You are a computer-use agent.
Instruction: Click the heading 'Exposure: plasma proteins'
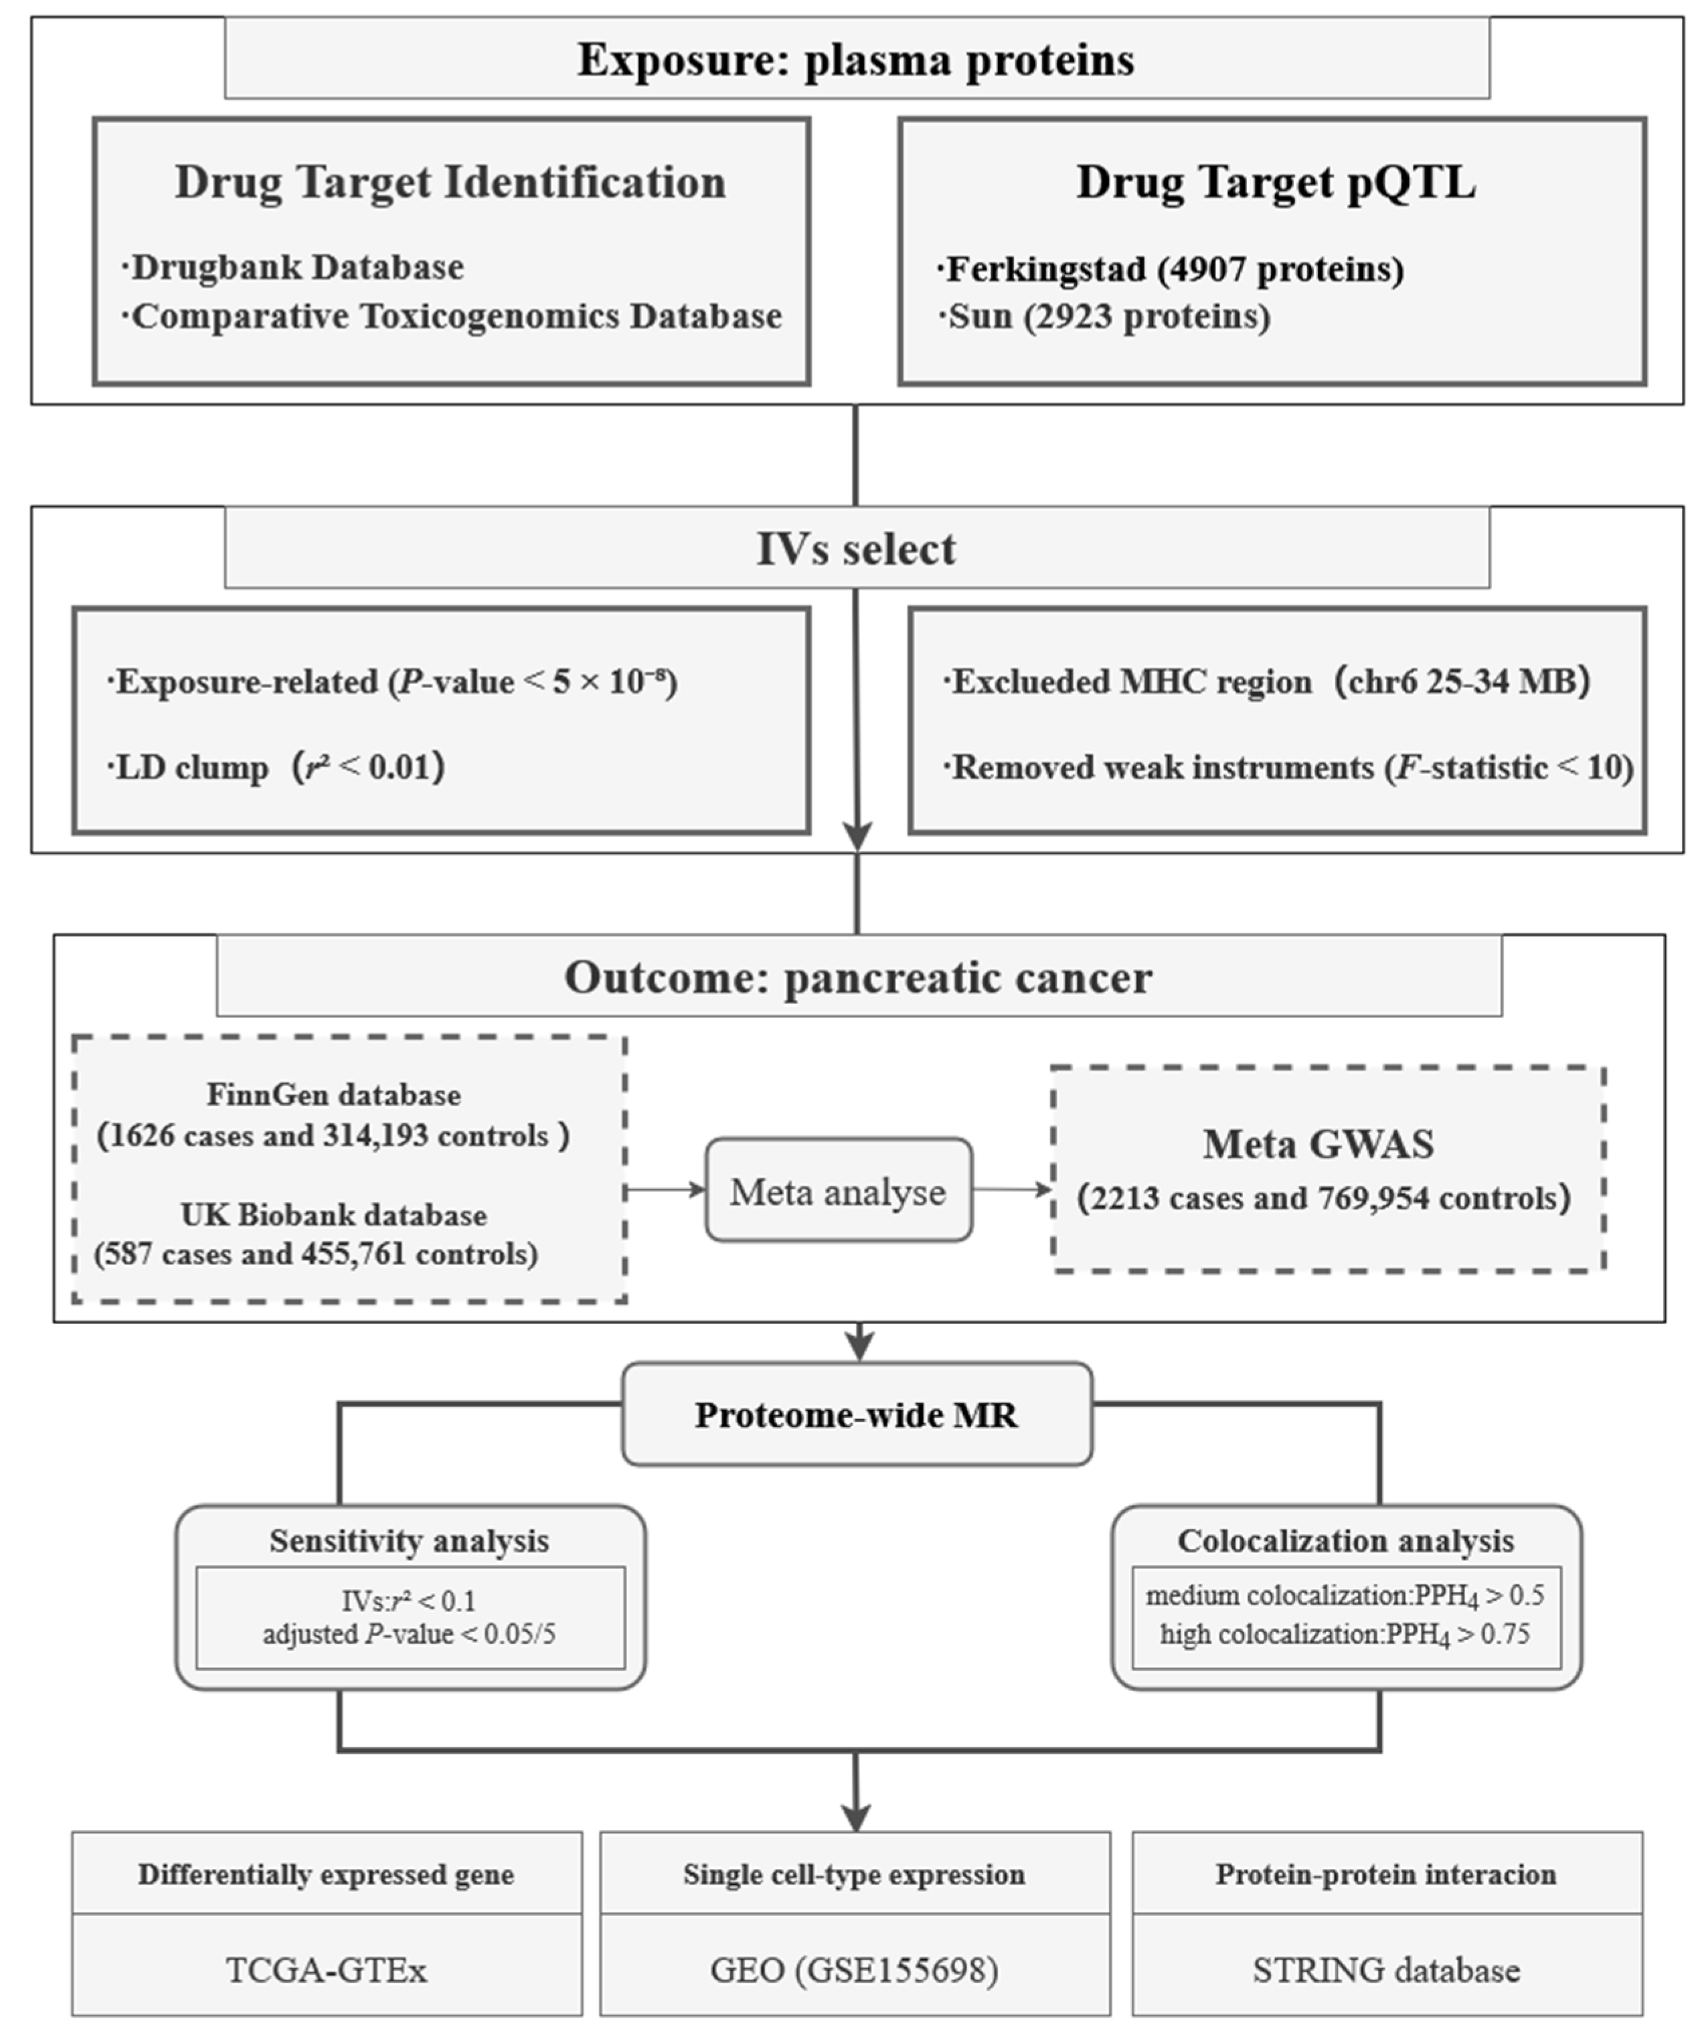pyautogui.click(x=856, y=60)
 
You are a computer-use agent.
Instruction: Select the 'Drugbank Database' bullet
pyautogui.click(x=295, y=267)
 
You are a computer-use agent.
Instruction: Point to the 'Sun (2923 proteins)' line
pyautogui.click(x=1106, y=317)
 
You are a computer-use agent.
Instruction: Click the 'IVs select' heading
pyautogui.click(x=856, y=549)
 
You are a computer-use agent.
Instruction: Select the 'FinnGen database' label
pyautogui.click(x=334, y=1095)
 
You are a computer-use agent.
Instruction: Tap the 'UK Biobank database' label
pyautogui.click(x=334, y=1215)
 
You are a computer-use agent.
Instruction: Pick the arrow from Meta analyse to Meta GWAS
pyautogui.click(x=1012, y=1190)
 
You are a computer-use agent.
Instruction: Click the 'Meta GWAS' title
pyautogui.click(x=1318, y=1144)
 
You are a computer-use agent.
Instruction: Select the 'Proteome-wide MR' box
pyautogui.click(x=857, y=1415)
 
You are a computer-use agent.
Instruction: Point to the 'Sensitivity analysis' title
pyautogui.click(x=410, y=1541)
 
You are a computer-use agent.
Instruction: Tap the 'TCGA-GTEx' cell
pyautogui.click(x=327, y=1970)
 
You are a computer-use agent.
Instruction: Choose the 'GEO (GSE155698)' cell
pyautogui.click(x=854, y=1970)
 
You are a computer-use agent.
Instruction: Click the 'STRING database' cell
pyautogui.click(x=1387, y=1970)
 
